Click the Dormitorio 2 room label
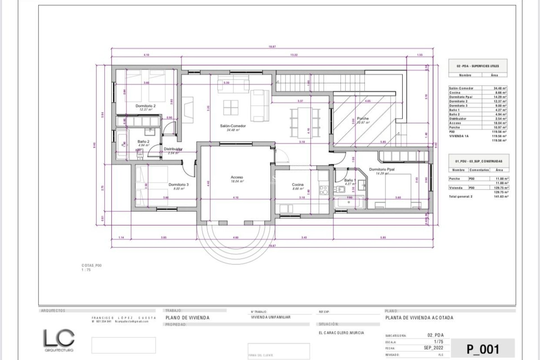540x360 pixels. point(145,106)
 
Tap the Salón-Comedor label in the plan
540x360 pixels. point(233,126)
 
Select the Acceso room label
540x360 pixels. point(237,177)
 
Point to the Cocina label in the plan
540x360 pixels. point(298,185)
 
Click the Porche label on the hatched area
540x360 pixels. point(363,119)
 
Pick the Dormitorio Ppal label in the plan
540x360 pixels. point(382,170)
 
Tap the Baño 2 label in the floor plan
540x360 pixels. point(143,141)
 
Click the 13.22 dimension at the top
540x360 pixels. point(294,55)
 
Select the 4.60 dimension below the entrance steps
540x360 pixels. point(236,238)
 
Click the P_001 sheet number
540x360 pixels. point(483,349)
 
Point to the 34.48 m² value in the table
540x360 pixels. point(500,88)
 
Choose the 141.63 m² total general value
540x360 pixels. point(502,197)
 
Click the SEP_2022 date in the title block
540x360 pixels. point(433,348)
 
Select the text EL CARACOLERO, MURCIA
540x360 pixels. point(341,333)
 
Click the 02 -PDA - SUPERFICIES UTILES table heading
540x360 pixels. point(478,66)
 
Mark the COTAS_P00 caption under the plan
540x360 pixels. point(91,265)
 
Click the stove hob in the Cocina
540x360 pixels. point(323,191)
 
